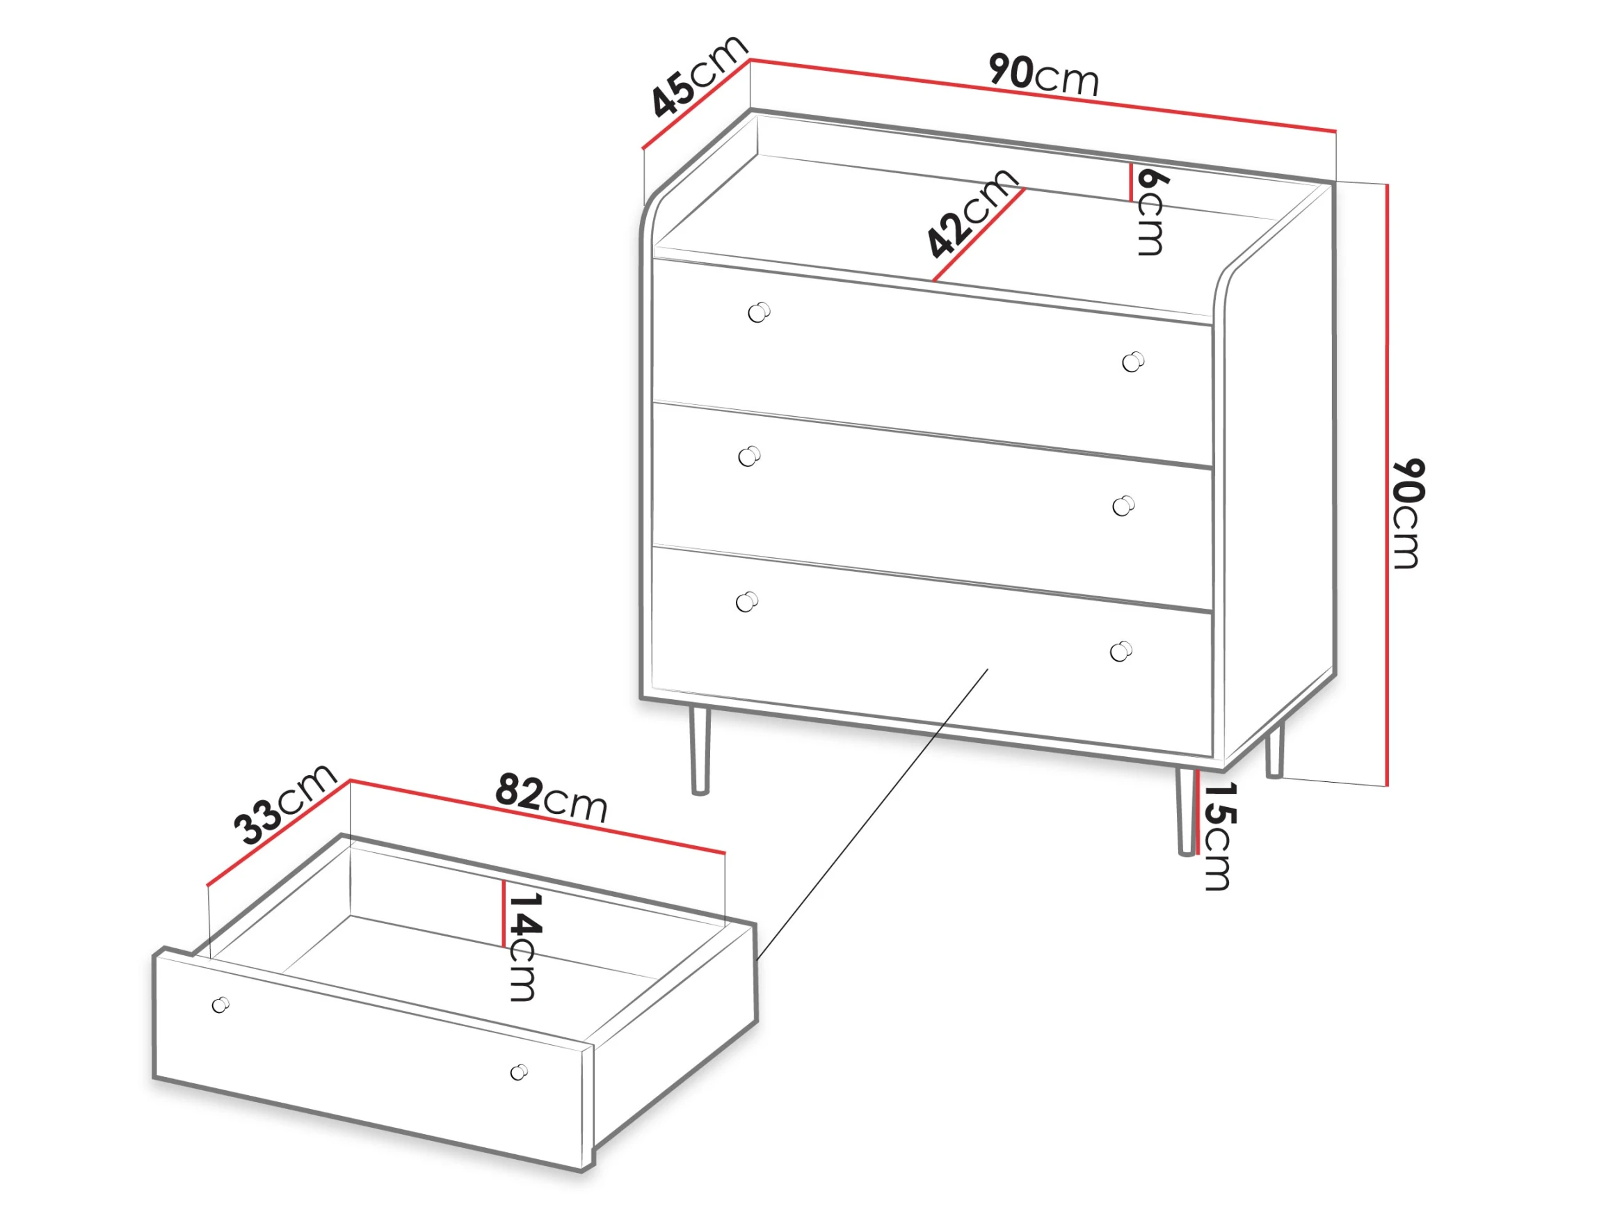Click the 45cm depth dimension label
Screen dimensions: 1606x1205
pos(699,75)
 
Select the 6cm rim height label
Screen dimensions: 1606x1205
pos(1152,212)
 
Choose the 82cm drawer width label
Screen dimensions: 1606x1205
pos(551,797)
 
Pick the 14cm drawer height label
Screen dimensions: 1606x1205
pos(525,947)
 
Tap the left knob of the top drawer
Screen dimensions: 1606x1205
pos(759,312)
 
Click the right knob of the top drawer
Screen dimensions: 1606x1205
pos(1133,361)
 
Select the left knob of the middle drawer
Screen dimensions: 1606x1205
pos(749,456)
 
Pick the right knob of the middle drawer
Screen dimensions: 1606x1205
pos(1124,506)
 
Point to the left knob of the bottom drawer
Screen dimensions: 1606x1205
pos(747,602)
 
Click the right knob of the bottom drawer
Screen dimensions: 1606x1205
pos(1122,651)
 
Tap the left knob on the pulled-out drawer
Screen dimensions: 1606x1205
pos(220,1005)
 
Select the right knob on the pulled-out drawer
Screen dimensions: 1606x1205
pos(519,1072)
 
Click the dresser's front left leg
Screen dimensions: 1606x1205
pos(699,752)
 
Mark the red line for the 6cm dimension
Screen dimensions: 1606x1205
pos(1131,182)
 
